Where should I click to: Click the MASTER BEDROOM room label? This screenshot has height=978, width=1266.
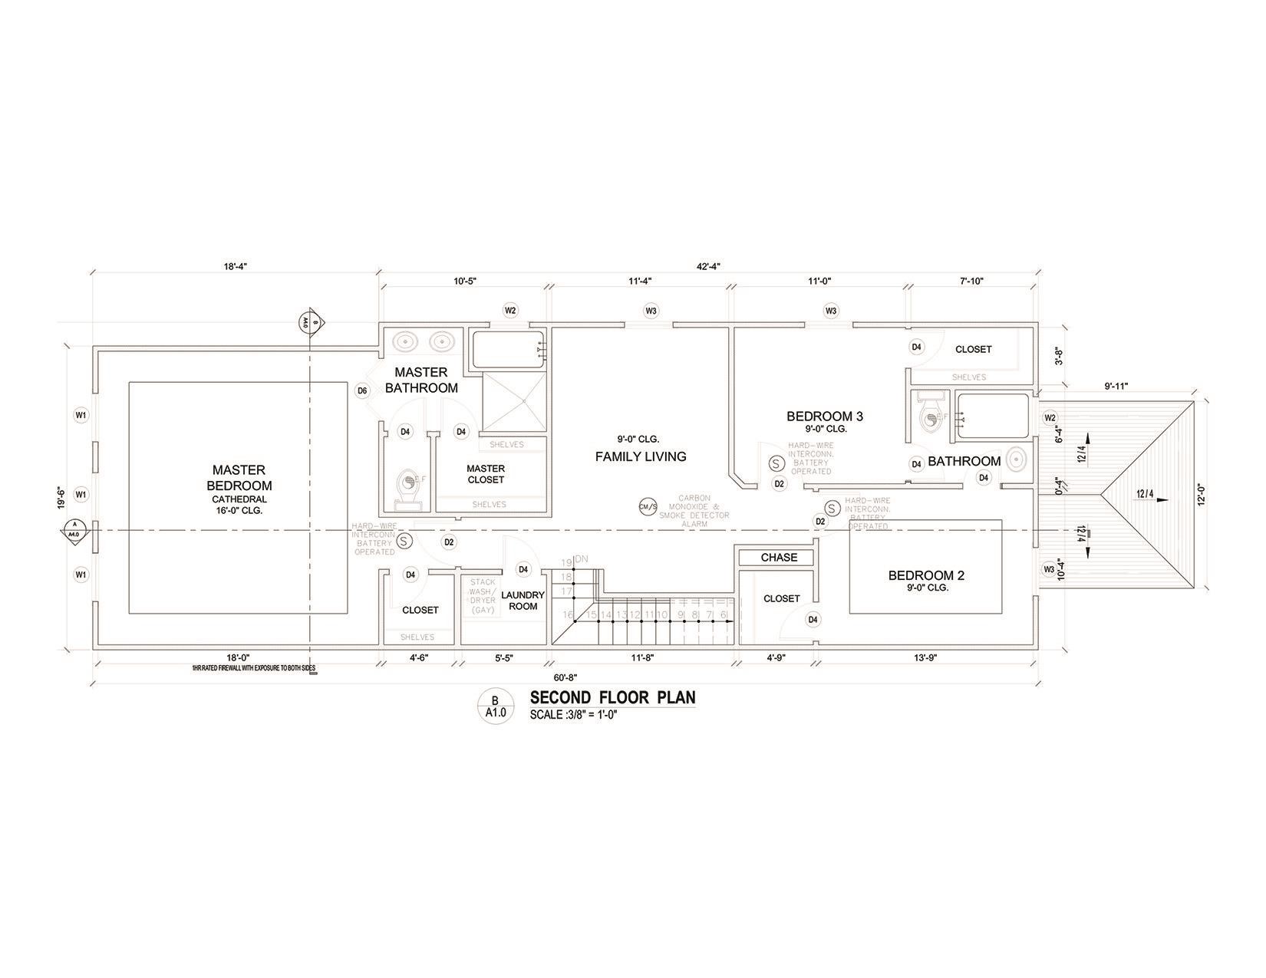click(239, 477)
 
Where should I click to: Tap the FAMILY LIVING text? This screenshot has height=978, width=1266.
click(641, 456)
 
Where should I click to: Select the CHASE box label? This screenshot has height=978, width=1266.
click(779, 558)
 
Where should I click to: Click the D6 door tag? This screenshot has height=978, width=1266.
click(363, 391)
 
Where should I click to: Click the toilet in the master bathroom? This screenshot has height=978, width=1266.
click(408, 485)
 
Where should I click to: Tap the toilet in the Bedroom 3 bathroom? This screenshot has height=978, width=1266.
click(929, 415)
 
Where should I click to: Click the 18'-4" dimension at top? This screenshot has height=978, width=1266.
click(236, 266)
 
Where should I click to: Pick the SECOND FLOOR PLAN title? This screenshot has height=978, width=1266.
click(612, 697)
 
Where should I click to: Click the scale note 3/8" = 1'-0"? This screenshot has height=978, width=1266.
click(573, 715)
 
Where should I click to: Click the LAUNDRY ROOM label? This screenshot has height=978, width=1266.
click(523, 601)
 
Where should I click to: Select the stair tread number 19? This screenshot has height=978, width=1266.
click(566, 563)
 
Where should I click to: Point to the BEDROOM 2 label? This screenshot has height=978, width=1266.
click(925, 575)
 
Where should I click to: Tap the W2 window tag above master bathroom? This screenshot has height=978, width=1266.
click(510, 311)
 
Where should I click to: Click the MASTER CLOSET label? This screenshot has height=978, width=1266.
click(486, 474)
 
